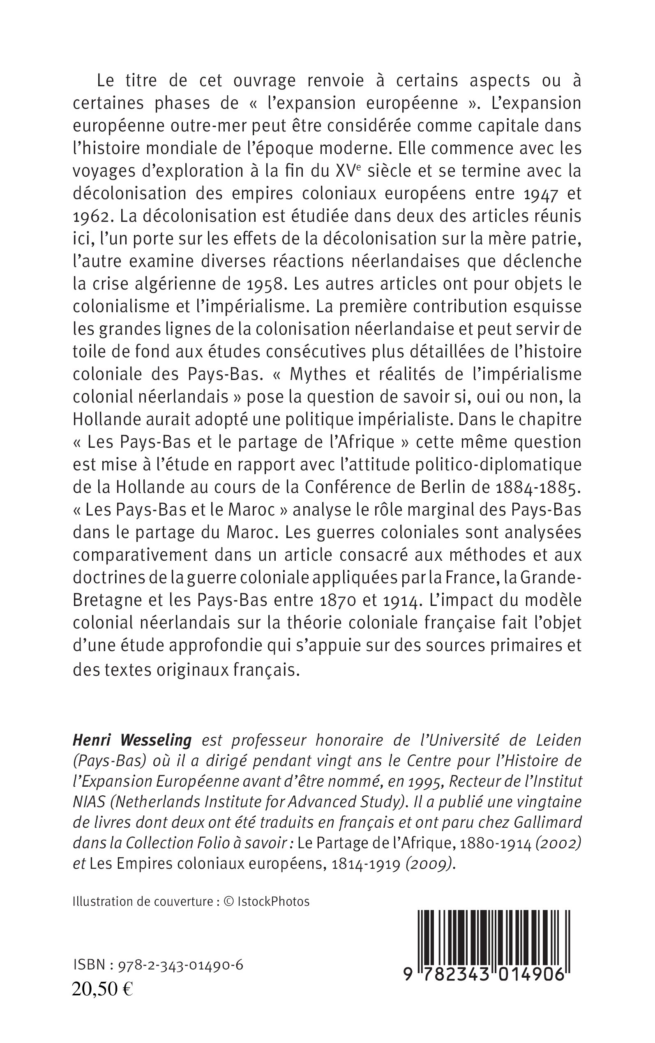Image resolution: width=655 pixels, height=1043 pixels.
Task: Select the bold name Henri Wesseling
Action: pyautogui.click(x=131, y=741)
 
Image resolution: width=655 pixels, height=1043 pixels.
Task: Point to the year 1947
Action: pyautogui.click(x=540, y=194)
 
